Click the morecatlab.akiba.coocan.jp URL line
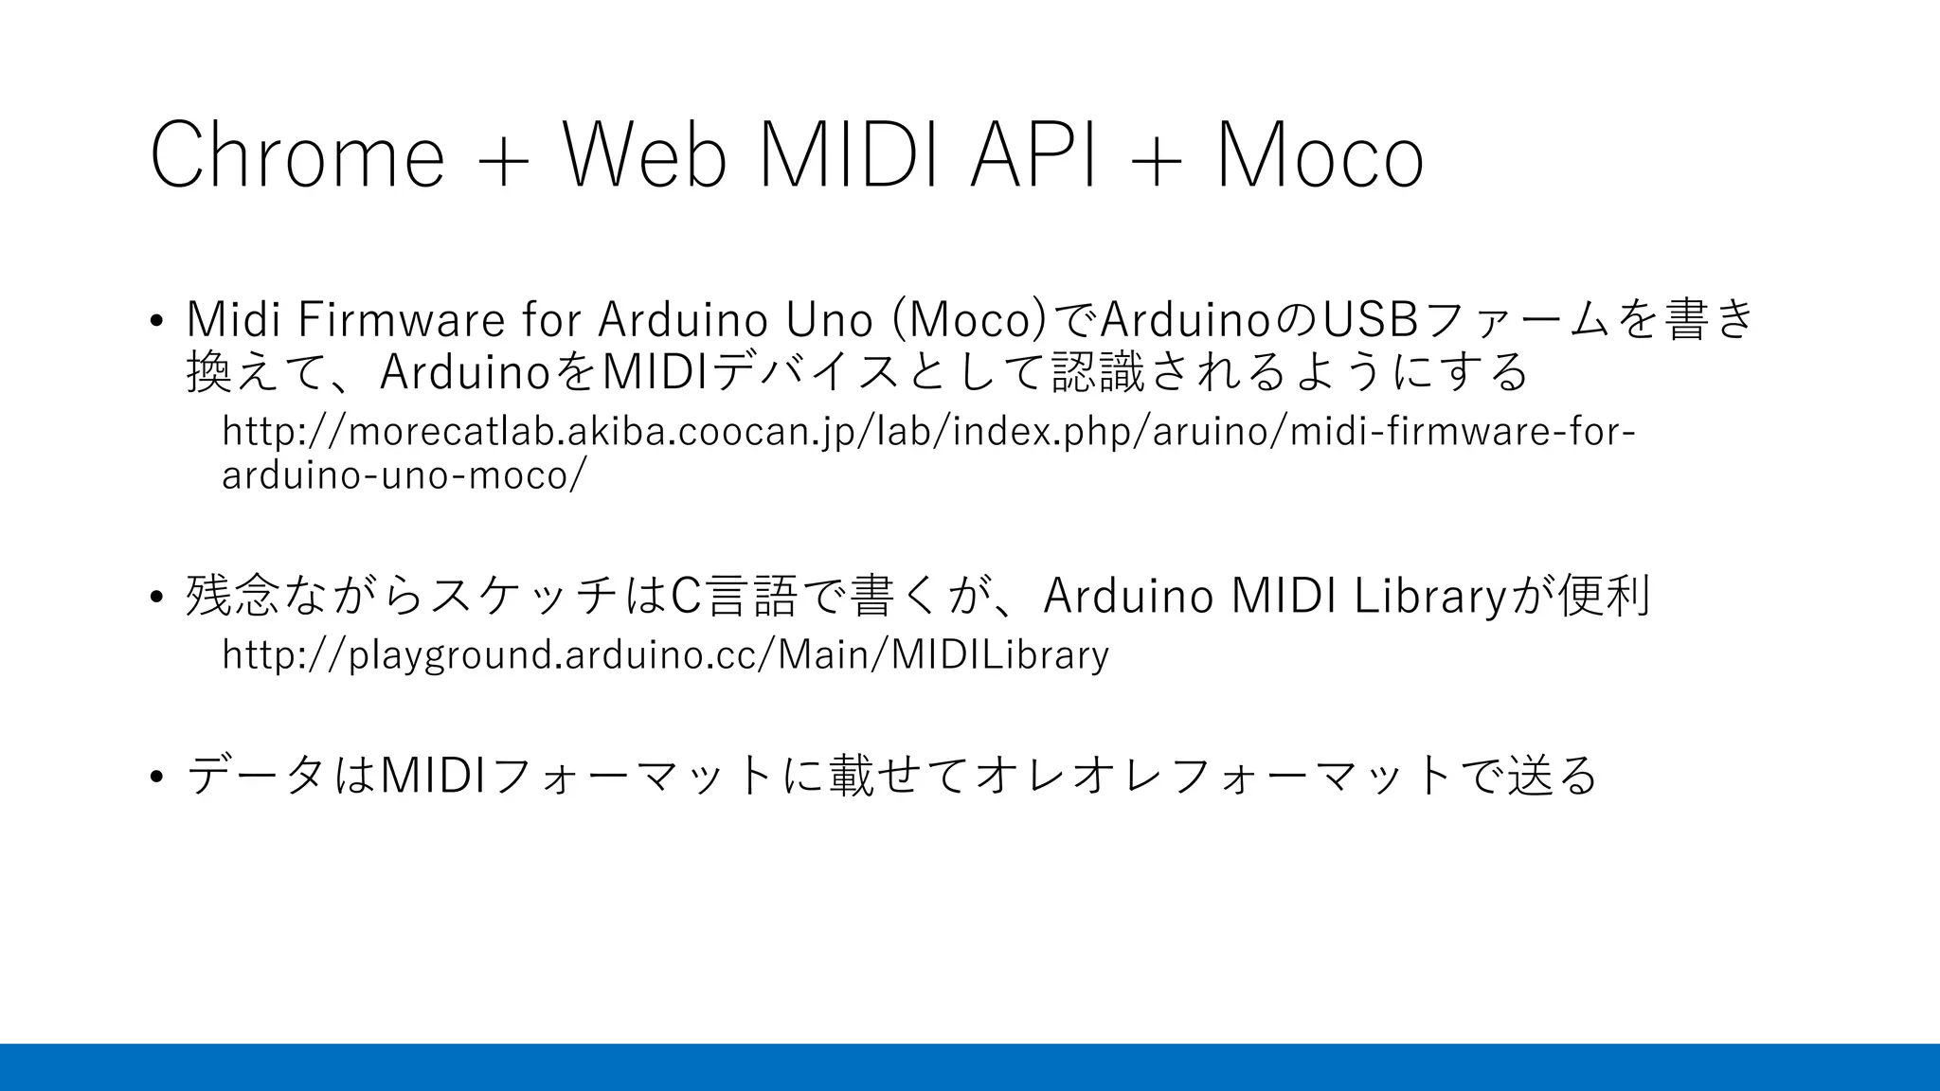[928, 432]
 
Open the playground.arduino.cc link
[665, 654]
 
